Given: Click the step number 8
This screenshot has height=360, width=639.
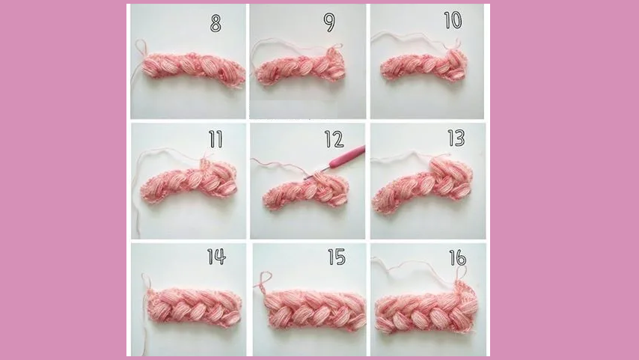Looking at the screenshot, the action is pos(215,23).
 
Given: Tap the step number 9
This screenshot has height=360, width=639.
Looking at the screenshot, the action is pos(329,23).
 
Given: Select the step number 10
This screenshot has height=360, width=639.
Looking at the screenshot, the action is pos(453,20).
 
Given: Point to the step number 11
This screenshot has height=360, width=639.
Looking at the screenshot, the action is pos(215,139).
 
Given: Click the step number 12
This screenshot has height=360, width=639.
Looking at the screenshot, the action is pos(334,139).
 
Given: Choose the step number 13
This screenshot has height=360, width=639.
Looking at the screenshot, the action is pos(456,138).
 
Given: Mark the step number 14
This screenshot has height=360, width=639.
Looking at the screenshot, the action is pos(216,257).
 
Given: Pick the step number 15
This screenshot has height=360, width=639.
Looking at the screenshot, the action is pos(337,257).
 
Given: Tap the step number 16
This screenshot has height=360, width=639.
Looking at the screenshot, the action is pos(458,257).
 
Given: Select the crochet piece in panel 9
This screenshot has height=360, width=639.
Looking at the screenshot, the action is pos(301,66).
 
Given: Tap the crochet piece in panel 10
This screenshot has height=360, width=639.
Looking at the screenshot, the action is pos(424,65).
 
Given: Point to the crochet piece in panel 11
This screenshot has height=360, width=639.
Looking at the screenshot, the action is pos(189,181).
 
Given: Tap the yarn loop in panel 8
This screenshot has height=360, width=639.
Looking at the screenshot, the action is pos(140,48).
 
